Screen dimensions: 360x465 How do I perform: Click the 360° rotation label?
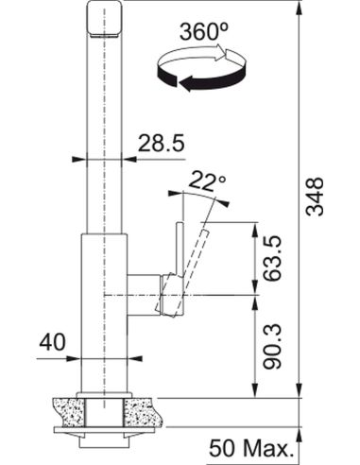coord(203,31)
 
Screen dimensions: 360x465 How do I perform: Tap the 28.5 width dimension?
coord(161,144)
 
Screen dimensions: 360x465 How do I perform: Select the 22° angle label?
coord(208,181)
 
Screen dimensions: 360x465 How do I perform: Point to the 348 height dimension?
coord(315,197)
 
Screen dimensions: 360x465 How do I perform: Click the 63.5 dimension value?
coord(272,258)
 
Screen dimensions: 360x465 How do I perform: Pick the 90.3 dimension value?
coord(272,347)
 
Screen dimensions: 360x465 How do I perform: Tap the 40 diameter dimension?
coord(52,342)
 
